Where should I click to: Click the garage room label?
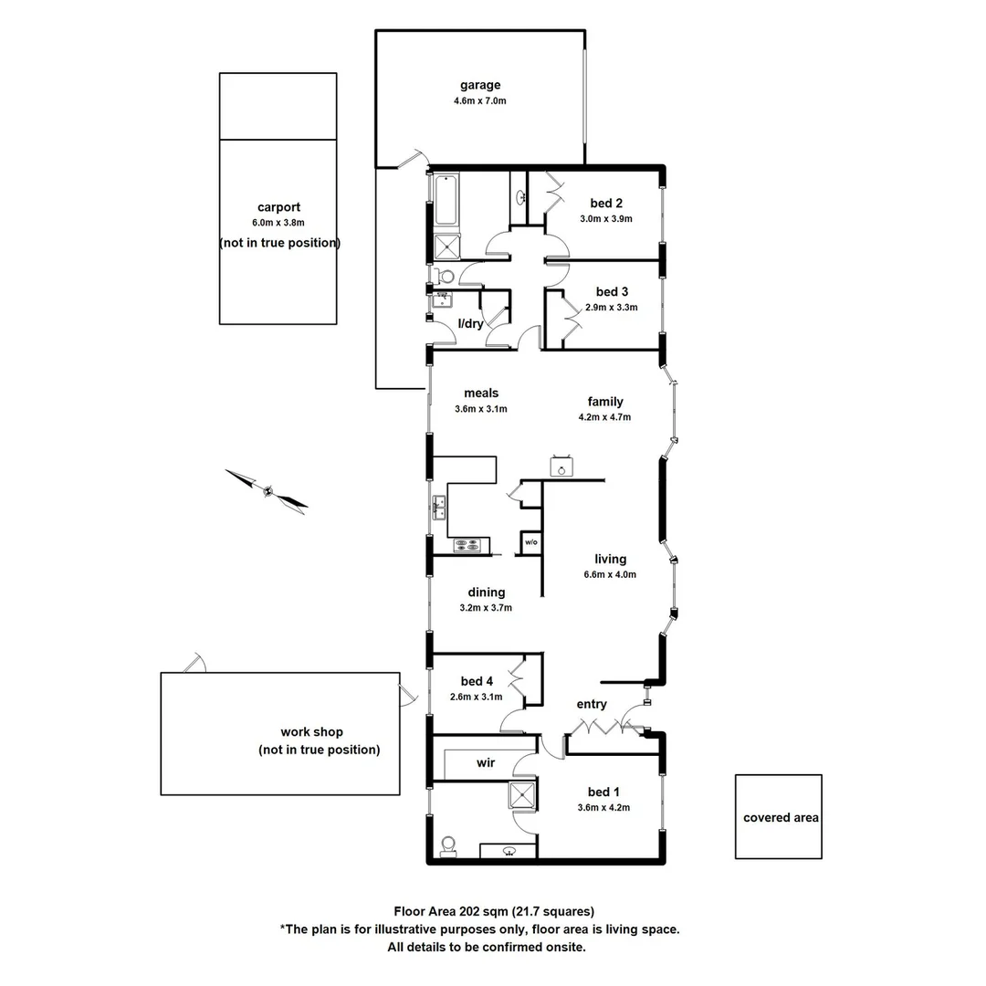(479, 86)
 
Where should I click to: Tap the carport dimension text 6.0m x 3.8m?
(278, 223)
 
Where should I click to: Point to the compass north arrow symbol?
(267, 490)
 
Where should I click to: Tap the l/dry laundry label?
(470, 323)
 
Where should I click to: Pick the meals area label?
(480, 393)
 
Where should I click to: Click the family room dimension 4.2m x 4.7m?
(604, 417)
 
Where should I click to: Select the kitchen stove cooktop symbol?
(472, 546)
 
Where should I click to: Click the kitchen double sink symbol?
(439, 507)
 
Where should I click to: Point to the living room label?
(610, 560)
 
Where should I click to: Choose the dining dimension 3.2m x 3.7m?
(486, 607)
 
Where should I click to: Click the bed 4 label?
(477, 681)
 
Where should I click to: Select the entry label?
(592, 704)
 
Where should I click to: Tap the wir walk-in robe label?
(486, 762)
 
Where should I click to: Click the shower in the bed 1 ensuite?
(523, 795)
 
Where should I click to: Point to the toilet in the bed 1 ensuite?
(447, 846)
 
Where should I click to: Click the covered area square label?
(781, 818)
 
